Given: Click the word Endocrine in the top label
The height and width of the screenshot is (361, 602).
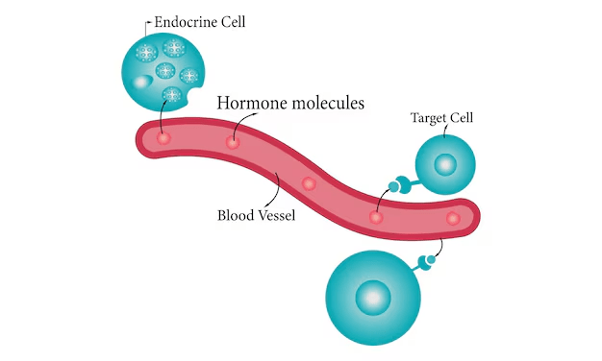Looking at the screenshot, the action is point(181,22).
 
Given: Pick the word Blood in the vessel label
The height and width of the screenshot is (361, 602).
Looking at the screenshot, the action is point(235,215).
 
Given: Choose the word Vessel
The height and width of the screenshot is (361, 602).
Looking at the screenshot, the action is point(276,215).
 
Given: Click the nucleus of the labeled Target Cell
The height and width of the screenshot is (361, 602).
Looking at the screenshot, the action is point(445,164).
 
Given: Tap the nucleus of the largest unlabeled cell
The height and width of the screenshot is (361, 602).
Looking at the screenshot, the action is point(373,298).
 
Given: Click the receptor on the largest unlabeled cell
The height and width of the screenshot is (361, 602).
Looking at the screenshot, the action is point(425,262).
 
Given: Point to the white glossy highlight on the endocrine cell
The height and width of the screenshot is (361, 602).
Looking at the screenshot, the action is point(140,82).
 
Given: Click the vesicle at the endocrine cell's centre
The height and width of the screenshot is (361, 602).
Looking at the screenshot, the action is point(165,70).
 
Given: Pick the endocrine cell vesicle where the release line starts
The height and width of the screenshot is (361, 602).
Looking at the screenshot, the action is point(171,94).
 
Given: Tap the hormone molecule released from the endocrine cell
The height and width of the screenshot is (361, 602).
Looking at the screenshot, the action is point(163,138).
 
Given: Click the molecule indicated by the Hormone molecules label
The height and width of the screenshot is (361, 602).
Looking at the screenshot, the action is point(233,142).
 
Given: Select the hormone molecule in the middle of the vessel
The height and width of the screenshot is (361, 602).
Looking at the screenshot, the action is point(309,184).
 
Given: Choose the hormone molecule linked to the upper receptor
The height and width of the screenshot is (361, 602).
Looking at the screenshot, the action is point(376,217).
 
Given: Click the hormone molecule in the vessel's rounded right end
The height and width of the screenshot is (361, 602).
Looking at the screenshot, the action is point(453,219).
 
